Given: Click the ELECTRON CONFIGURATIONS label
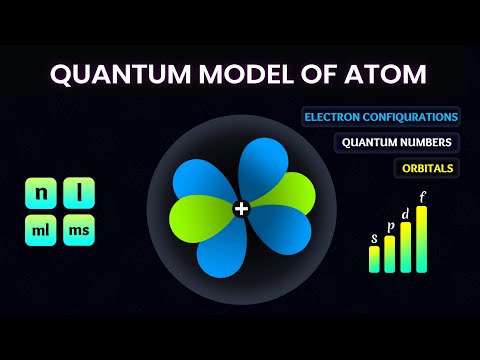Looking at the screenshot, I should click(x=380, y=116).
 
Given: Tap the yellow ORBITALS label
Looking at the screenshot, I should click(x=424, y=167).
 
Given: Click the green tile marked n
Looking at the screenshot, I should click(x=41, y=192).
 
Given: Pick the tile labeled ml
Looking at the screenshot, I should click(x=41, y=231).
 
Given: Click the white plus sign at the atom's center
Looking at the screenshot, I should click(x=240, y=209).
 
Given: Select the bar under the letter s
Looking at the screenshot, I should click(x=374, y=259).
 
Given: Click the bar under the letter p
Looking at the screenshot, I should click(x=389, y=254).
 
